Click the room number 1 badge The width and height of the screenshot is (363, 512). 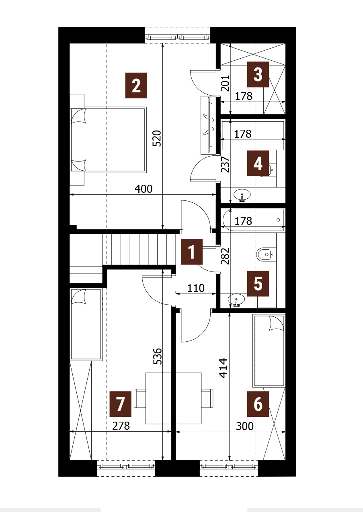pos(192,252)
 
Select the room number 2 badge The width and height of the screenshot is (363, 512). pos(136,86)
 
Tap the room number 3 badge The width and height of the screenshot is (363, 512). pos(258,74)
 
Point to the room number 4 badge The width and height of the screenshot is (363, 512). pos(258,163)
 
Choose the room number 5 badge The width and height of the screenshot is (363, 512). pos(258,284)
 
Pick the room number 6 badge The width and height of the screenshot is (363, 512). pos(258,404)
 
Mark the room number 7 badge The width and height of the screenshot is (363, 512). pos(120,404)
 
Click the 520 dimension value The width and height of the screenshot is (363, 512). pos(157,138)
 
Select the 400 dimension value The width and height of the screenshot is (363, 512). pos(144,189)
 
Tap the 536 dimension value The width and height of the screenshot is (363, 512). pos(157,356)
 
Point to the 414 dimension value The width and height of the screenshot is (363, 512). pos(224,368)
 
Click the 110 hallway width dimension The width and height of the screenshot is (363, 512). pos(196,288)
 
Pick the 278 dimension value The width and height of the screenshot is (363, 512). pos(121,426)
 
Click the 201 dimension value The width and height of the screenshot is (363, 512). pos(225,83)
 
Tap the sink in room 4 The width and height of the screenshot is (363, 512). pos(242,196)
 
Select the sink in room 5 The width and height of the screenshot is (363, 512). pos(236,300)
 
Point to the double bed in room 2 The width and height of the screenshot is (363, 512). pos(109,140)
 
